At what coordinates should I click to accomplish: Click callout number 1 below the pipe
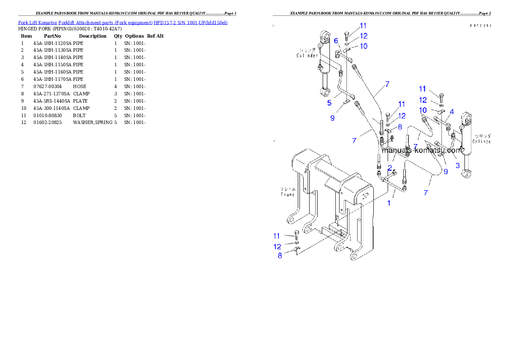(x=389, y=203)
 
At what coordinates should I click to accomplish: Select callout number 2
(x=390, y=167)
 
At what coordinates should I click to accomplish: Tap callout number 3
(x=457, y=165)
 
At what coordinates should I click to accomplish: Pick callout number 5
(x=329, y=103)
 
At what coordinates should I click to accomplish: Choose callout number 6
(x=336, y=41)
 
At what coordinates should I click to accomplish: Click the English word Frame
(x=287, y=195)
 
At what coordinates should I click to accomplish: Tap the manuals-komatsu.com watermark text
(x=422, y=150)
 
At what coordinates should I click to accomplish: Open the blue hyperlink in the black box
(x=123, y=22)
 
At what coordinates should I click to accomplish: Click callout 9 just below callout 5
(x=332, y=118)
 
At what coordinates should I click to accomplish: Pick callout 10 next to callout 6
(x=363, y=46)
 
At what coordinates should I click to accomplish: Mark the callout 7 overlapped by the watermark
(x=415, y=146)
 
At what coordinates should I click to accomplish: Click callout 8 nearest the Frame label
(x=280, y=256)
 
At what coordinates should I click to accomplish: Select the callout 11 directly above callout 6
(x=363, y=26)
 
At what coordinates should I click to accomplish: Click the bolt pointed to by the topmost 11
(x=348, y=35)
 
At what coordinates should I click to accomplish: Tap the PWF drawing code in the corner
(x=479, y=26)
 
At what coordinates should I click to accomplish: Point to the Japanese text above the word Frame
(x=287, y=189)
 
